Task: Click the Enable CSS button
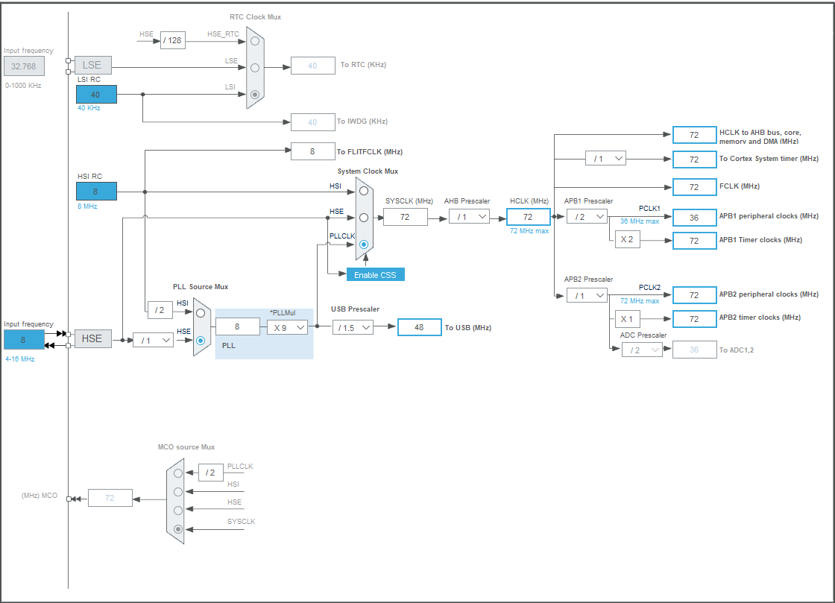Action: pos(376,274)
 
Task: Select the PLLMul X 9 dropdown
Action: pos(287,327)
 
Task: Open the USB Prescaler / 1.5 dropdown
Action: pos(353,327)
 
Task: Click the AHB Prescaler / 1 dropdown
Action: pos(469,217)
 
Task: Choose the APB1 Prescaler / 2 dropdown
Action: pos(587,217)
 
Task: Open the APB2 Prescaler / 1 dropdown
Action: pos(587,295)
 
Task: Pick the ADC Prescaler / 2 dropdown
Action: pos(642,350)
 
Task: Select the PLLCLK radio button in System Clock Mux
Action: pos(364,244)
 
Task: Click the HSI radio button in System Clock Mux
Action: pos(364,191)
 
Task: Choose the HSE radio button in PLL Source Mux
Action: pos(201,340)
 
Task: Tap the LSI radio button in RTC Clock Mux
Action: pos(255,94)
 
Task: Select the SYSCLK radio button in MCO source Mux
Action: pos(178,529)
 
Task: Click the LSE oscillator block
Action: pos(92,65)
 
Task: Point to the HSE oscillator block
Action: pos(92,338)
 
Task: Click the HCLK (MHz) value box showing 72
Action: pos(529,217)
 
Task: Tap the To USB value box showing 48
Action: pos(420,327)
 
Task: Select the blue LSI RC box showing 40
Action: pos(96,94)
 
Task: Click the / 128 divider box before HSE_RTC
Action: pos(173,40)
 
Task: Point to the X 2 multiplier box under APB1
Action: pos(627,239)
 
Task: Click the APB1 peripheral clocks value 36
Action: pos(694,217)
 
